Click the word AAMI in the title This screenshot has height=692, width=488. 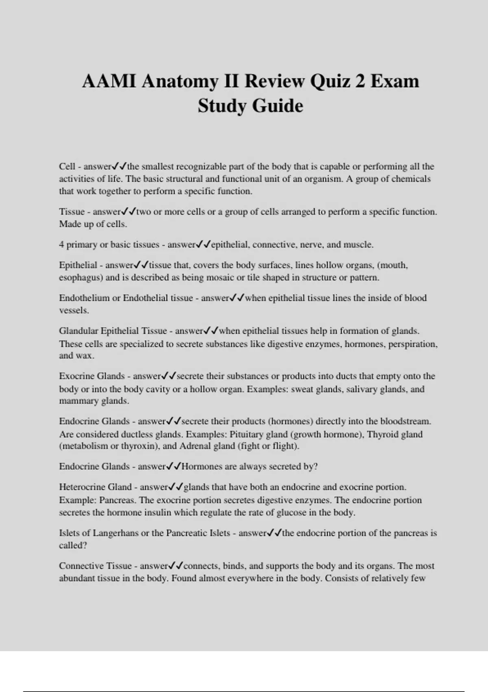tap(109, 81)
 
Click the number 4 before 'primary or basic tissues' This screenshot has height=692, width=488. tap(61, 245)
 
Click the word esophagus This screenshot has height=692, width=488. tap(79, 278)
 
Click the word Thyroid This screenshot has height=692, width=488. tap(382, 434)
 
